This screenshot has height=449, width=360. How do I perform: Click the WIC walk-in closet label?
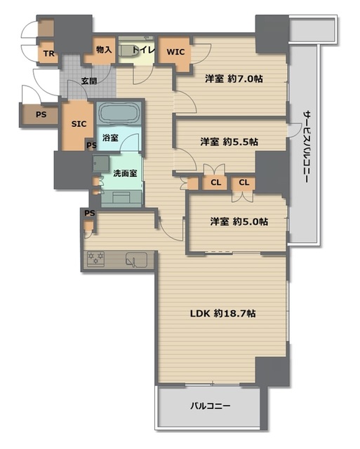(175, 52)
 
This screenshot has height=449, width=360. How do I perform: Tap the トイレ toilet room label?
(144, 50)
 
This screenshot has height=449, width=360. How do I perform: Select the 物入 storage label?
(104, 50)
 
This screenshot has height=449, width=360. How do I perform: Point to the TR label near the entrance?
(48, 53)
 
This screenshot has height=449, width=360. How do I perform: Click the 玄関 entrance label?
(89, 81)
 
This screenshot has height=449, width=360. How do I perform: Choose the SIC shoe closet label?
(79, 124)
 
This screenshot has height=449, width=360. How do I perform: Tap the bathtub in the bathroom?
(119, 112)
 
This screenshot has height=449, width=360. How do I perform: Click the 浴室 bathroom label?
(110, 138)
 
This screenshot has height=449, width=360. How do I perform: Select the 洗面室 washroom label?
(125, 173)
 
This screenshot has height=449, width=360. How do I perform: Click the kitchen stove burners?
(95, 259)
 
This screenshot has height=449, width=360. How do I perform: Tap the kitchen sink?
(136, 260)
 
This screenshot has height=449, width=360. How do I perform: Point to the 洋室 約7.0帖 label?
(234, 79)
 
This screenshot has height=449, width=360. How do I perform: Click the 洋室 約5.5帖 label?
(229, 142)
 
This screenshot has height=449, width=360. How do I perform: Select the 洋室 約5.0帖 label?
(239, 222)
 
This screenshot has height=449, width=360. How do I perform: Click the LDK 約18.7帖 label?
(223, 314)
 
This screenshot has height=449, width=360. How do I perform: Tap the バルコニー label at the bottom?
(211, 406)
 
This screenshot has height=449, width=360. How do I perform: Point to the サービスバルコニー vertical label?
(307, 147)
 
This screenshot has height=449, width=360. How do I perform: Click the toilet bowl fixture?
(128, 51)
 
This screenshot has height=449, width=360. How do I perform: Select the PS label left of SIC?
(41, 114)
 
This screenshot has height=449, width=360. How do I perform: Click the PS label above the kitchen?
(90, 213)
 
